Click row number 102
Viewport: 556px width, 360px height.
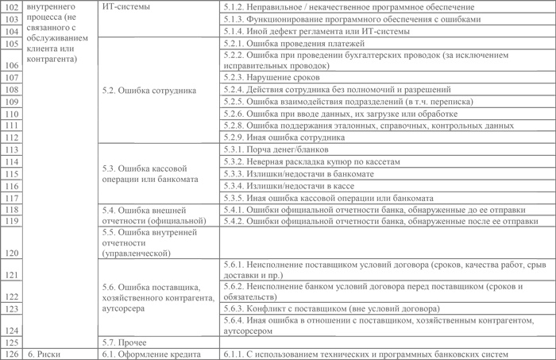click(11, 7)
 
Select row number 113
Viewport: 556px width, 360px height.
click(11, 149)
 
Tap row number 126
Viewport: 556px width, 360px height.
click(11, 353)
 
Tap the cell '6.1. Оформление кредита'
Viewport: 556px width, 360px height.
click(152, 353)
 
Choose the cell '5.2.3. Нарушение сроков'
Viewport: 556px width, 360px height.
click(272, 78)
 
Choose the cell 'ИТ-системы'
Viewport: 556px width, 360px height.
click(131, 7)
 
